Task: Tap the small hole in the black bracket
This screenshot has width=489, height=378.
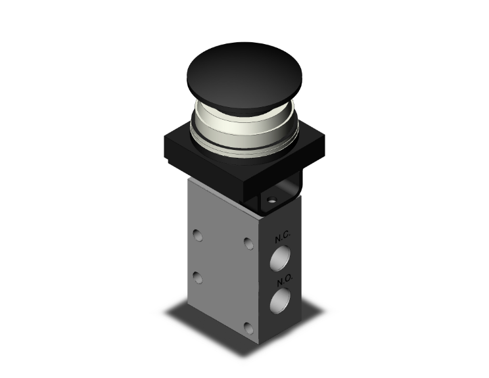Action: [x=272, y=200]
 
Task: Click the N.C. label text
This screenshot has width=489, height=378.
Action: [x=283, y=237]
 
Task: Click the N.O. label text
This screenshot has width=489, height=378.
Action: [x=285, y=281]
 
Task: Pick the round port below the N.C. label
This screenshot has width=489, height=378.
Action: [x=280, y=257]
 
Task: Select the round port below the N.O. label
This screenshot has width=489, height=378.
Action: [x=280, y=300]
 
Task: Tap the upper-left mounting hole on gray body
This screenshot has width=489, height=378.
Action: [x=197, y=235]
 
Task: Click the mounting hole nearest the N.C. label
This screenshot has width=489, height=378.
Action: [x=248, y=244]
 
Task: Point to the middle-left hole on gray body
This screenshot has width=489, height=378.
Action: [x=198, y=277]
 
